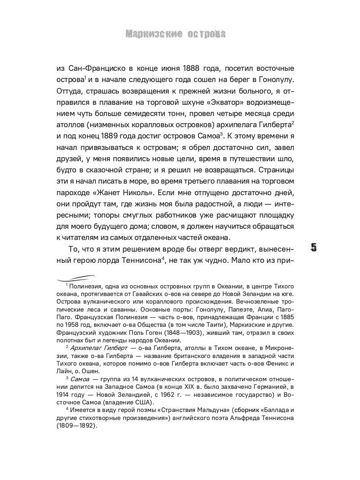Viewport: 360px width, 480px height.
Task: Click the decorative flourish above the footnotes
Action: pyautogui.click(x=76, y=277)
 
